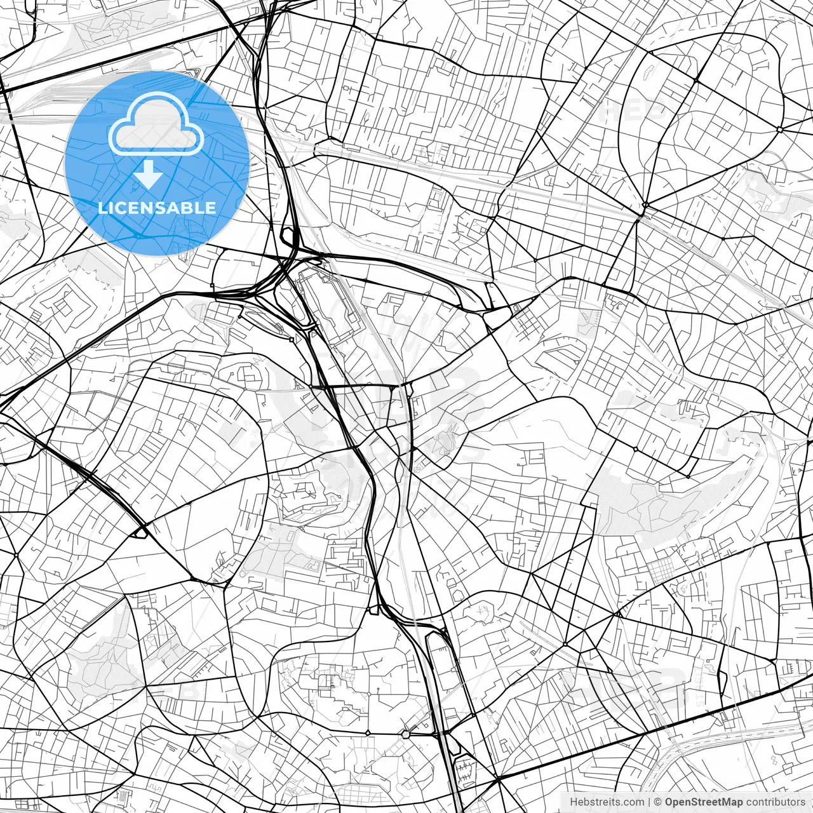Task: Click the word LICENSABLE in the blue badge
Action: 157,208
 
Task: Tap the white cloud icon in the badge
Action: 156,124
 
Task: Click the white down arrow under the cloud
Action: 149,174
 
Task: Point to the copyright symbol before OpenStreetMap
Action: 658,802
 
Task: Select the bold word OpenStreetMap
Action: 704,802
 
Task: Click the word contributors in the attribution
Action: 776,802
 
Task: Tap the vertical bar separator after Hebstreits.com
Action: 649,802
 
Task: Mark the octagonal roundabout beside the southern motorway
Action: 405,734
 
